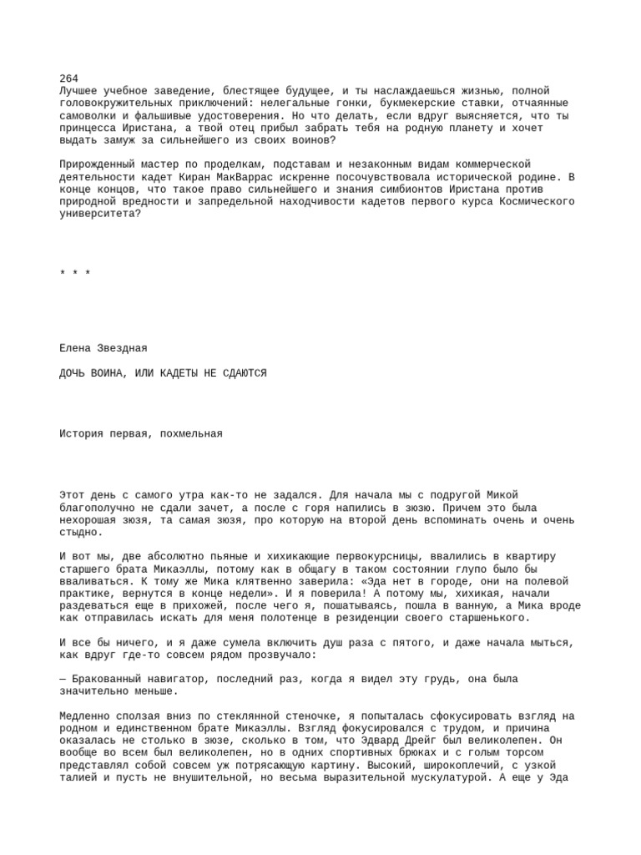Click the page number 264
tap(69, 78)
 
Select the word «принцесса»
tap(88, 128)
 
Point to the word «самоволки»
tap(88, 115)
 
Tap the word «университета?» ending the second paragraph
tap(100, 214)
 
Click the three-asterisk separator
tap(75, 274)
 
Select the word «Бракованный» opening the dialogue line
tap(106, 679)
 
